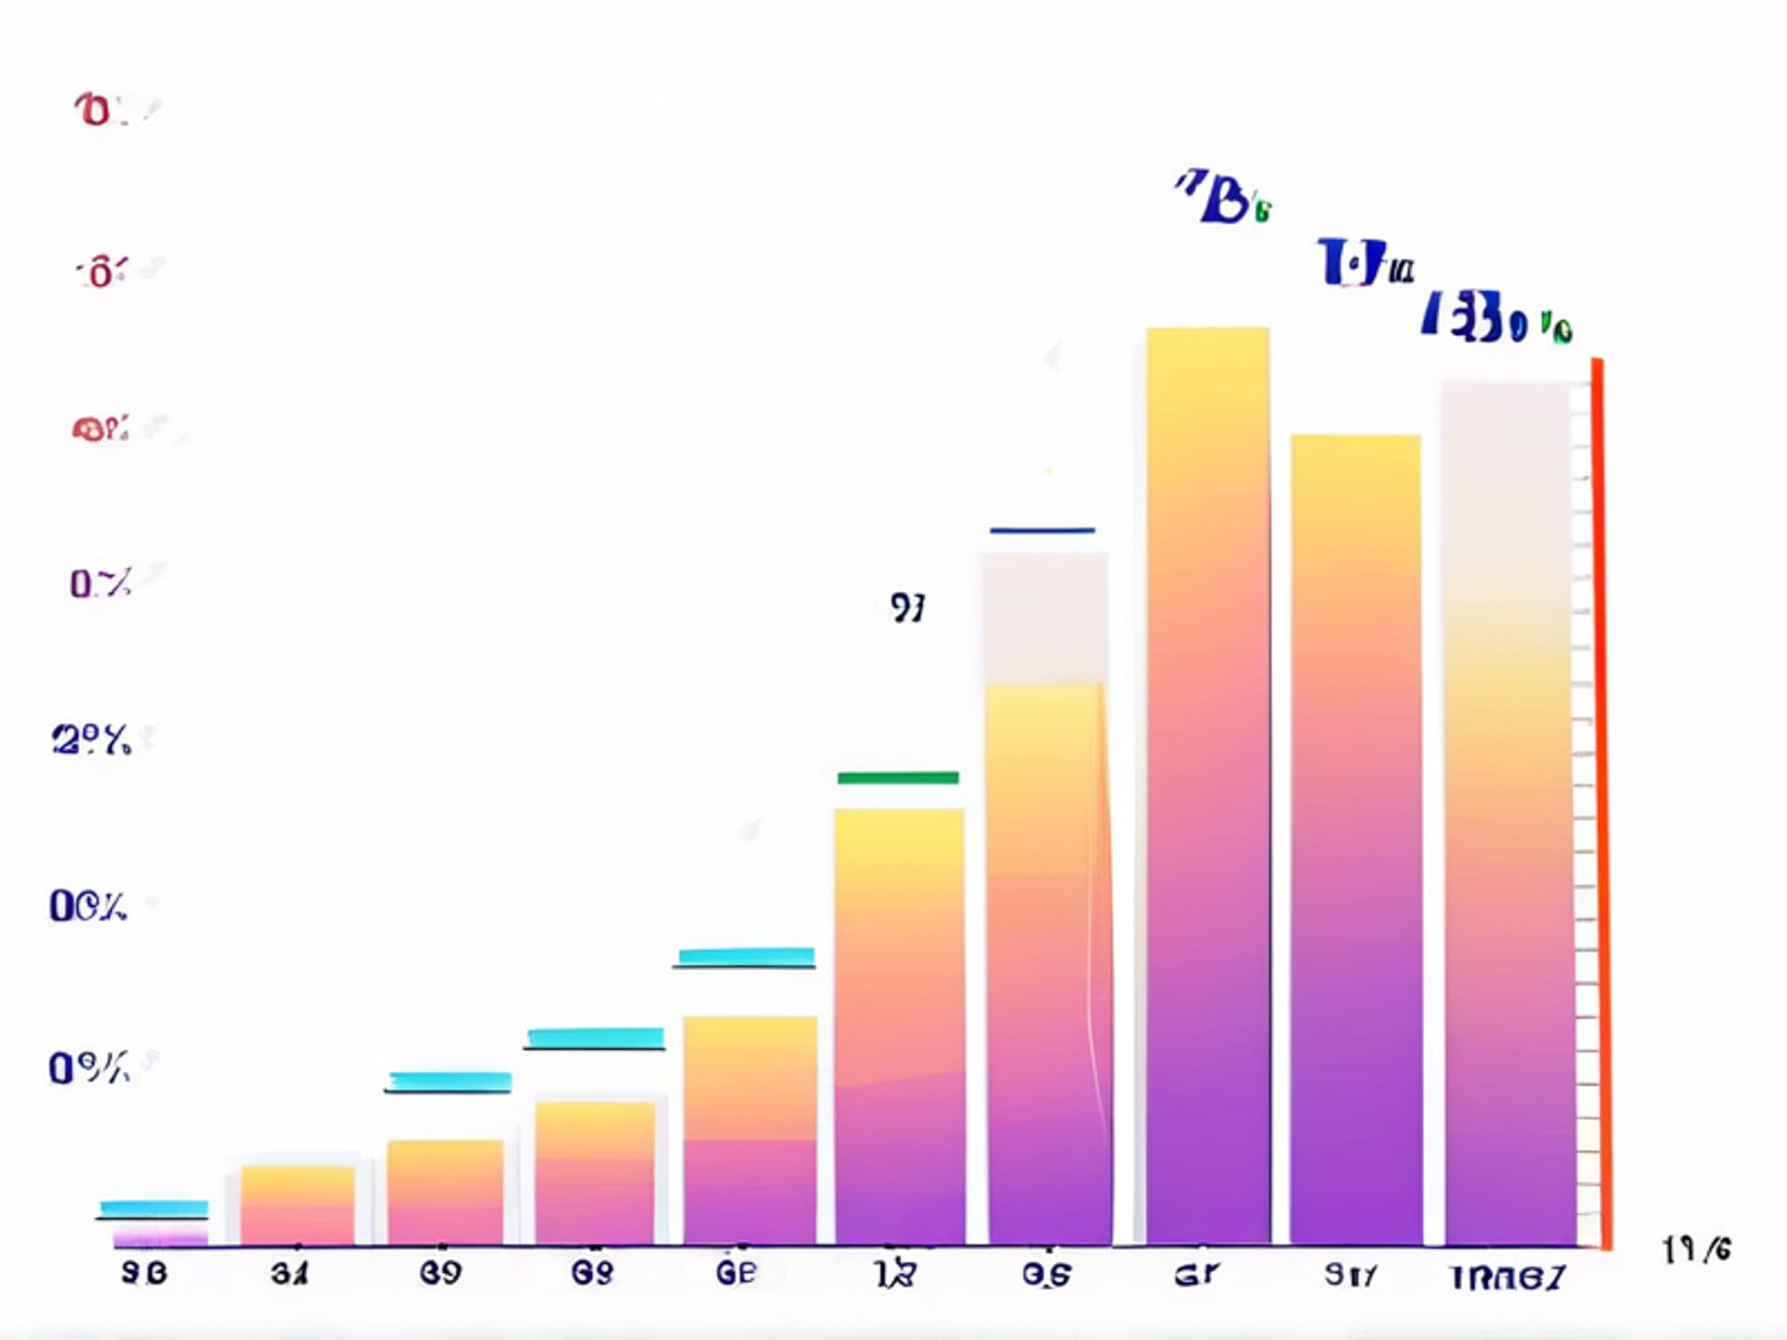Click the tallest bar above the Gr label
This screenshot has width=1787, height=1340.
(1207, 782)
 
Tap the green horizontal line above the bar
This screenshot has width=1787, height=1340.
(897, 777)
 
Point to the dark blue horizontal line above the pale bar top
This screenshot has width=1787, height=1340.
(1041, 530)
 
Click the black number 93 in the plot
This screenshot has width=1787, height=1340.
(907, 609)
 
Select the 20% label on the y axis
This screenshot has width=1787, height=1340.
(91, 741)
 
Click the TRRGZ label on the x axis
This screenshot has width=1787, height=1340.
(1509, 1278)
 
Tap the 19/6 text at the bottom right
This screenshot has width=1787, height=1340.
(1697, 1250)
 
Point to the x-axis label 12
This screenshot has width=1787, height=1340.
(895, 1274)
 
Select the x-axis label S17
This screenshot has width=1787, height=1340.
(1350, 1274)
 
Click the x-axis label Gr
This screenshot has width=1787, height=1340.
(1196, 1273)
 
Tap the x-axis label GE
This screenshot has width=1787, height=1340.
(736, 1272)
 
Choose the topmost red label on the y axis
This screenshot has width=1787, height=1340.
(102, 110)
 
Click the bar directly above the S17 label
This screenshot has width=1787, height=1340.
(1355, 837)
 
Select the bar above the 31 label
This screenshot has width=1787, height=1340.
(297, 1205)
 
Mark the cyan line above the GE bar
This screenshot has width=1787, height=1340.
(746, 956)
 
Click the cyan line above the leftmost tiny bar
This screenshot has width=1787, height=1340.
(154, 1208)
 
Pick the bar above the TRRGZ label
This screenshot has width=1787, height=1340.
(1508, 810)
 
